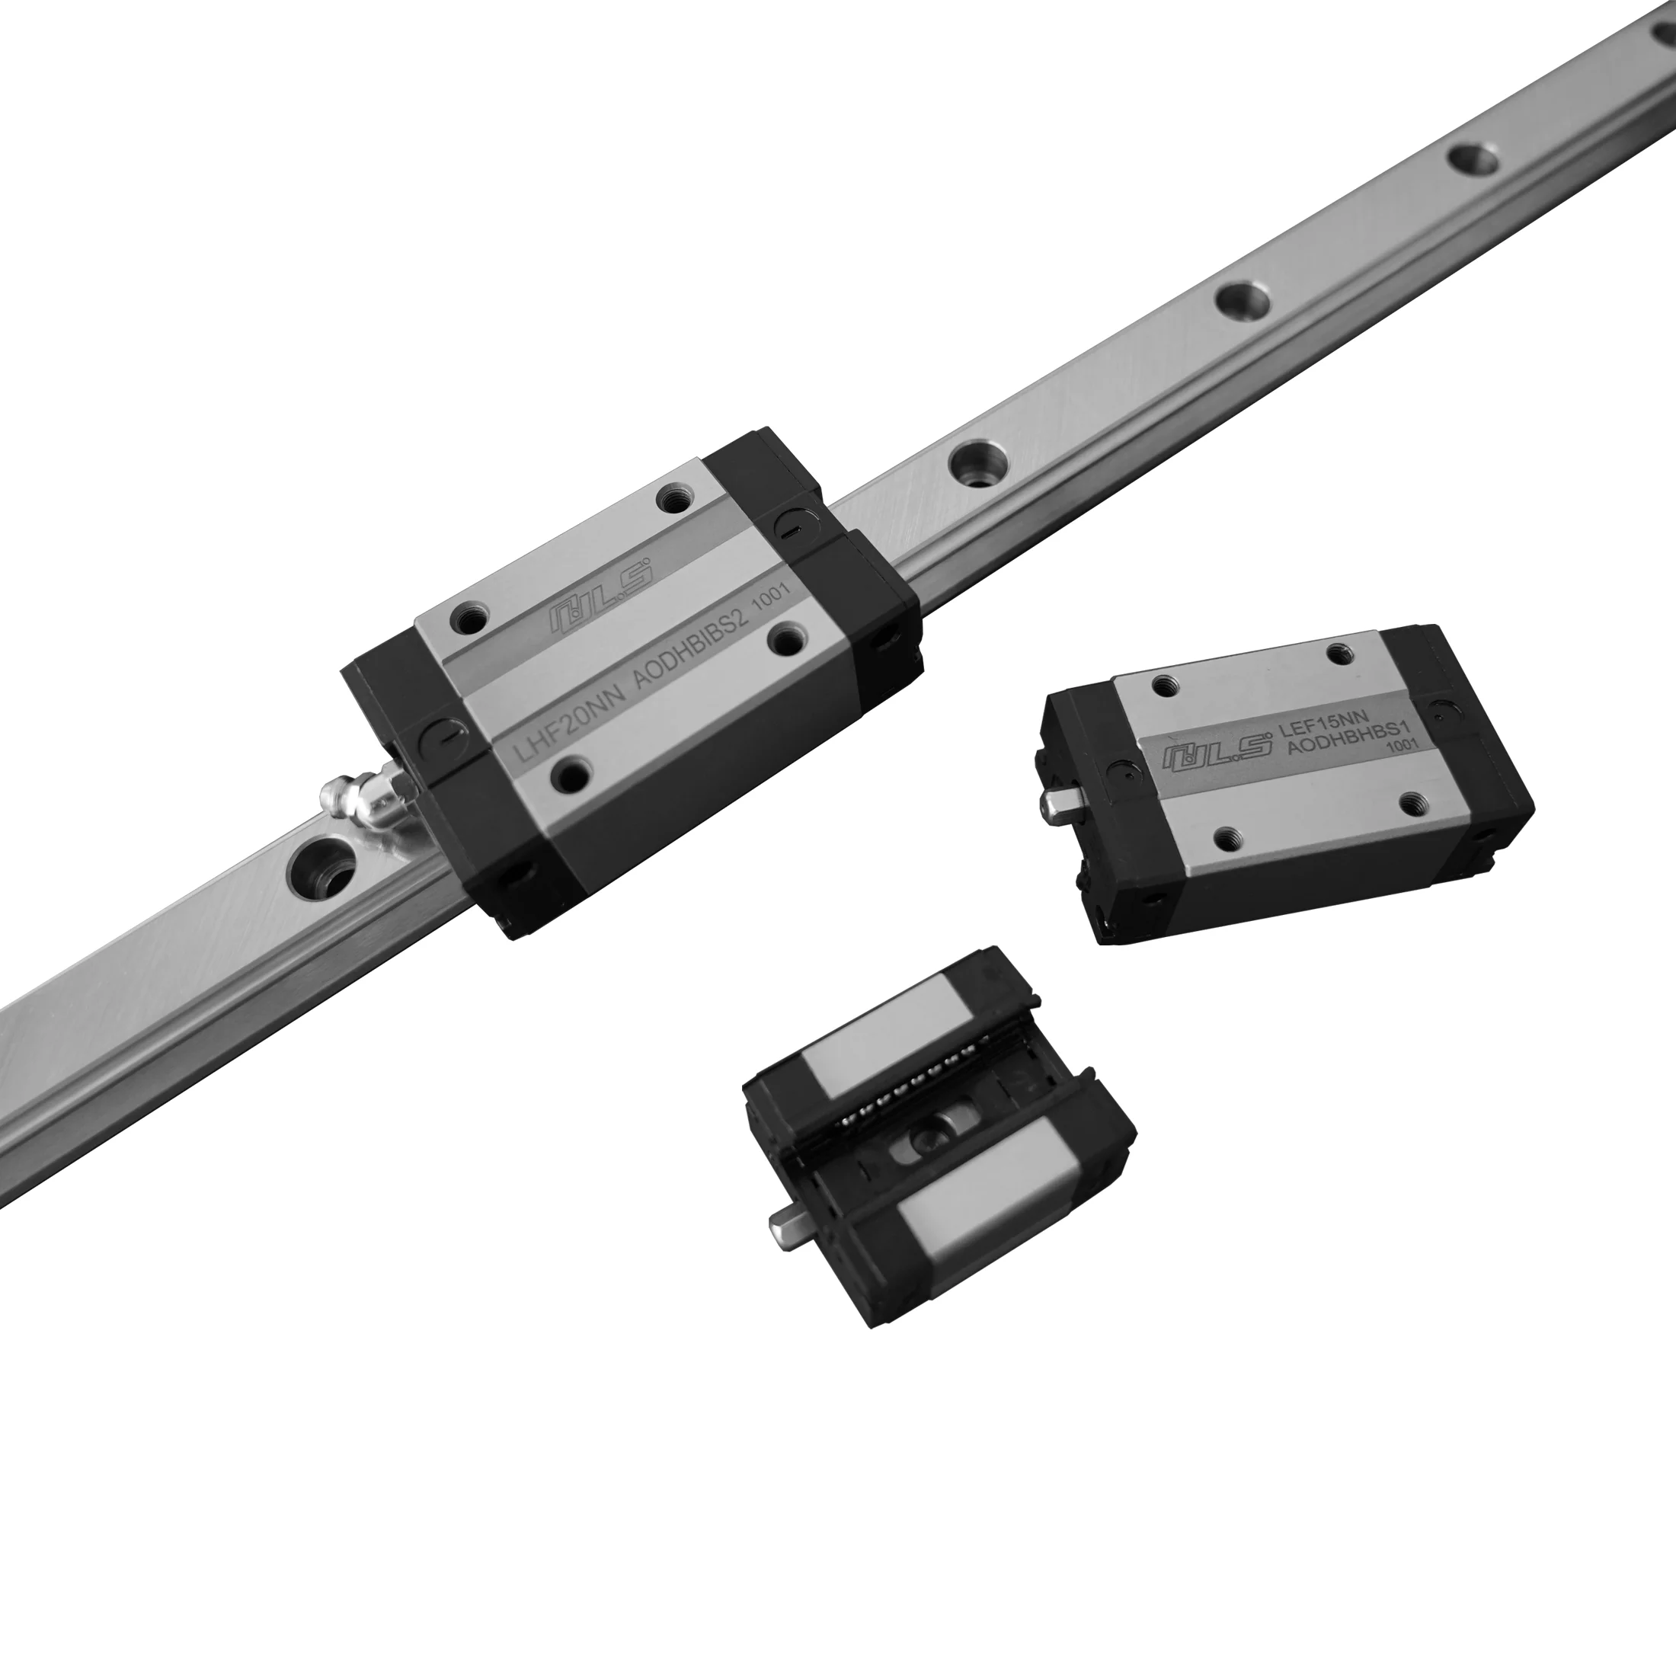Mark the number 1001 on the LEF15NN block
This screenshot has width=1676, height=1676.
coord(1397,744)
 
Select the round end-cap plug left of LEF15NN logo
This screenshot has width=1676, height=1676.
coord(1117,768)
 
